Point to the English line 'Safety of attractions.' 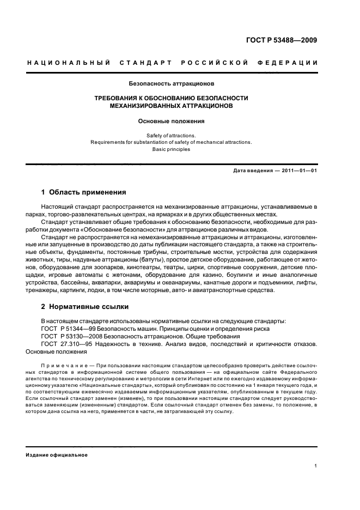pyautogui.click(x=171, y=135)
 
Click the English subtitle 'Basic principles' pyautogui.click(x=171, y=149)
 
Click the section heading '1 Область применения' pyautogui.click(x=84, y=192)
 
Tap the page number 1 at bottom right pyautogui.click(x=316, y=466)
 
